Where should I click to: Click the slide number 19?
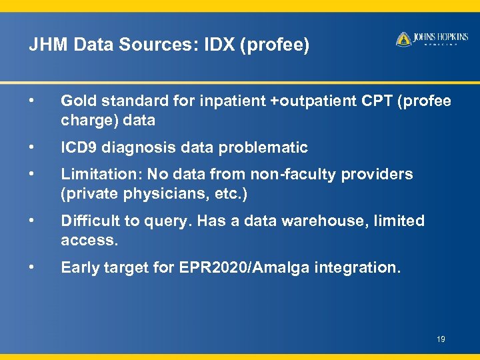click(x=441, y=339)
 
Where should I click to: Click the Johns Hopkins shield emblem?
click(x=403, y=39)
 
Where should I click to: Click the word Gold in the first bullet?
click(x=77, y=101)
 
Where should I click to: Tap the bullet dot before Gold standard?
click(x=31, y=101)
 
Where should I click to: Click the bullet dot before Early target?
click(x=31, y=267)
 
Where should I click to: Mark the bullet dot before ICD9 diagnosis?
click(x=31, y=147)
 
